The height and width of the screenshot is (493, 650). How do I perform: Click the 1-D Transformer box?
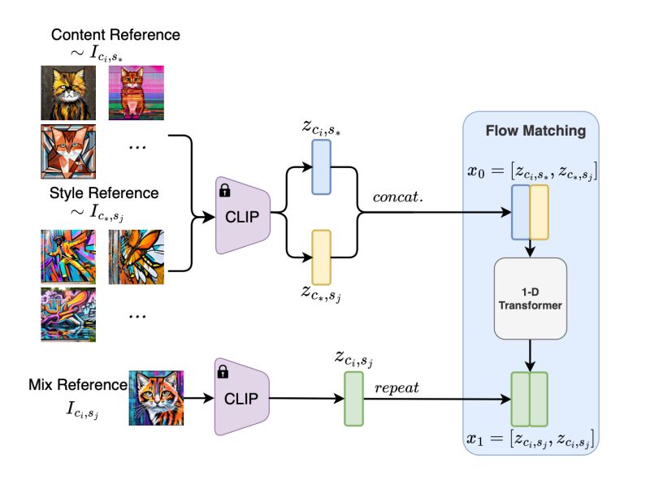[x=530, y=298]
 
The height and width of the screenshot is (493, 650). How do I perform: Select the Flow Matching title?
[x=530, y=130]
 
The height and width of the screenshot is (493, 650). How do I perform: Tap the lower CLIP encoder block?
[x=242, y=397]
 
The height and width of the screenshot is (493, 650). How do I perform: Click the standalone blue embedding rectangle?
[x=321, y=166]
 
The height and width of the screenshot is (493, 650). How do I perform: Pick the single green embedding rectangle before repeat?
[x=354, y=399]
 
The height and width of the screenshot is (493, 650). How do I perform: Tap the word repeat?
[x=396, y=387]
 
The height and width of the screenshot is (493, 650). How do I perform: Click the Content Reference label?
[x=115, y=36]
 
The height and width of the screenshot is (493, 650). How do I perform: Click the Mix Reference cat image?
[x=156, y=398]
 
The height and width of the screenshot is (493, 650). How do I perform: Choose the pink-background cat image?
[x=136, y=92]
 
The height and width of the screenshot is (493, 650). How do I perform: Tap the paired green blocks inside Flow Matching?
[x=529, y=399]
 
